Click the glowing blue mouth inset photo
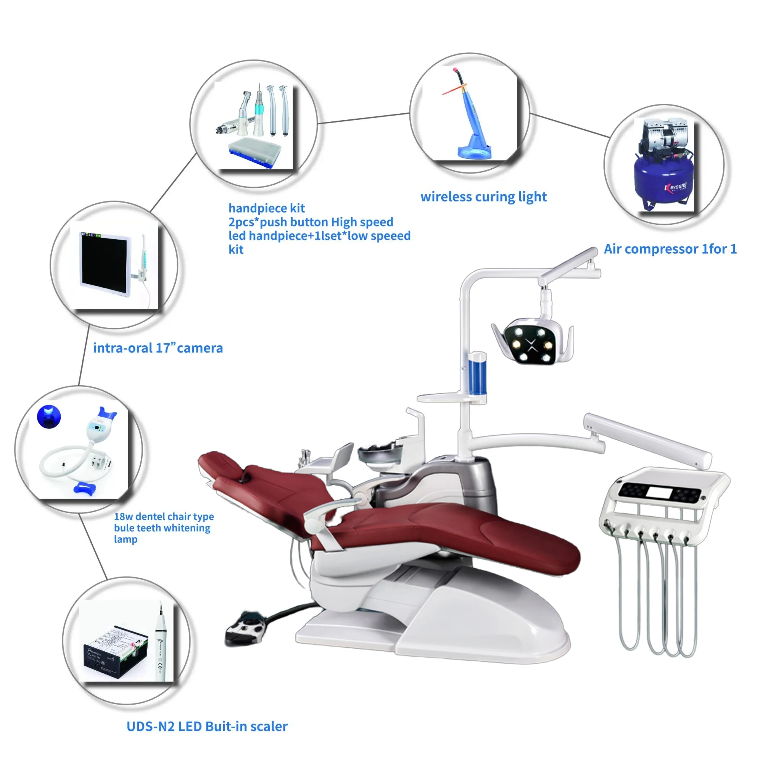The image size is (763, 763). point(49,416)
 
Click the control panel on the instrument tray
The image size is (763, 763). point(659,493)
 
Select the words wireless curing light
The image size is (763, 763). point(483,197)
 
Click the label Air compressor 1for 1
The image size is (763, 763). point(670,249)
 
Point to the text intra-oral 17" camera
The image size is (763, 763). point(158,348)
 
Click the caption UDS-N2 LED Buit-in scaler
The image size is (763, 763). point(207,726)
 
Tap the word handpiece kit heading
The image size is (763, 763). point(267,208)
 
